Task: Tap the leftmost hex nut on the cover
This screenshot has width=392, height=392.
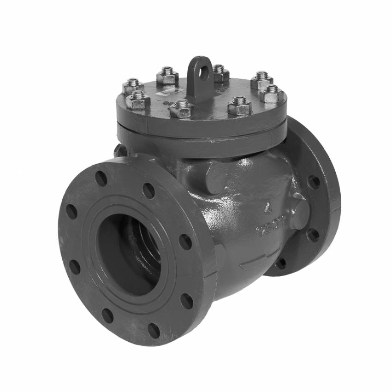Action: pyautogui.click(x=133, y=86)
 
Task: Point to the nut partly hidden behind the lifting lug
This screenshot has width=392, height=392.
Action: pyautogui.click(x=220, y=73)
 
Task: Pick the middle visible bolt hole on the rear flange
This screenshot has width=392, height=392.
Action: pyautogui.click(x=313, y=235)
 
